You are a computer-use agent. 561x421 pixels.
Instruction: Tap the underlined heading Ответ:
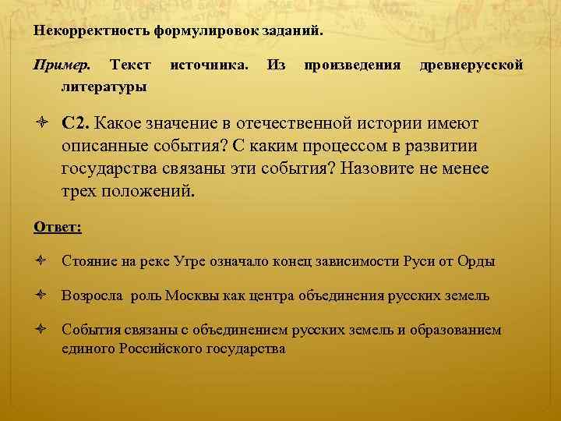58,228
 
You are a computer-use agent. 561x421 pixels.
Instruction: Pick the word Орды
478,261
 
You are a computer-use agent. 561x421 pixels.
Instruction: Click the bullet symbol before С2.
43,124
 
